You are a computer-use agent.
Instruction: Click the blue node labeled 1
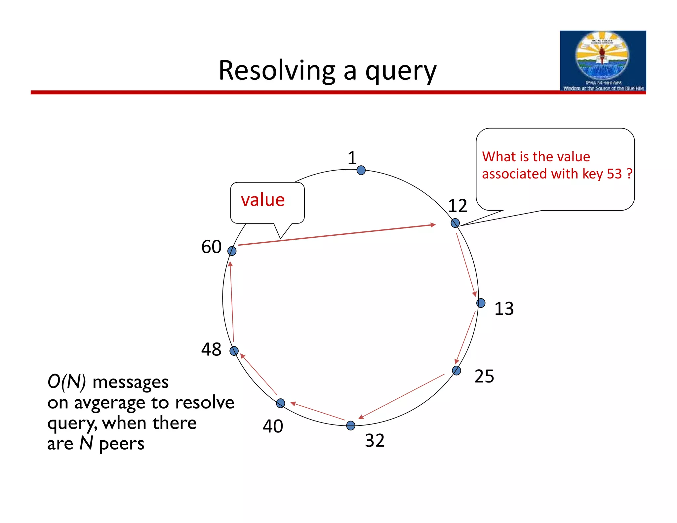coord(361,170)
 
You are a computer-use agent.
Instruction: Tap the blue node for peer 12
coord(455,223)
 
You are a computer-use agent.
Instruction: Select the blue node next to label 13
coord(481,303)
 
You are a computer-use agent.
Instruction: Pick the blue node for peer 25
coord(456,370)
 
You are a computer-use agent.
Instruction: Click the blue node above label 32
coord(351,425)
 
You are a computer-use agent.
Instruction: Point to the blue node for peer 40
coord(280,403)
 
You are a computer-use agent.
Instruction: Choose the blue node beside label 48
coord(234,351)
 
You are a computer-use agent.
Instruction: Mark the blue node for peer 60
coord(232,251)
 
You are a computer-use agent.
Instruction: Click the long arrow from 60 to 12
coord(337,235)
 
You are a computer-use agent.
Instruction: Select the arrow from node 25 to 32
coord(402,396)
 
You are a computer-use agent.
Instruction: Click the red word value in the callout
coord(263,200)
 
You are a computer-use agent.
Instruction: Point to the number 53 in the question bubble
coord(615,174)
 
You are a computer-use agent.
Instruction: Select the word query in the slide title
coord(401,72)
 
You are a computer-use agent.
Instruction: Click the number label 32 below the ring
coord(375,441)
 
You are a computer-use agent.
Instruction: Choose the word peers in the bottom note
coord(121,444)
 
